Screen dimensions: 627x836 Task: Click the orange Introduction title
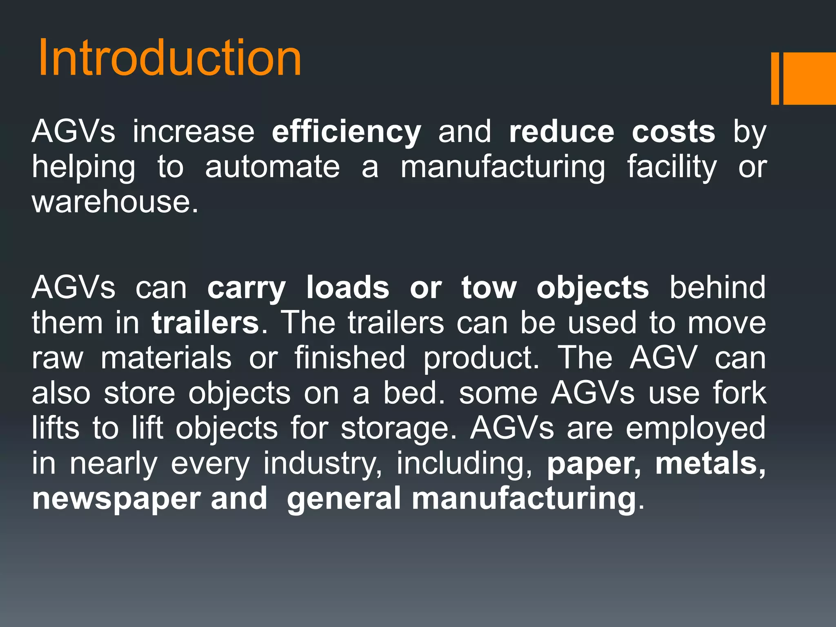169,58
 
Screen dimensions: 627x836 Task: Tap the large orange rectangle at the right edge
809,78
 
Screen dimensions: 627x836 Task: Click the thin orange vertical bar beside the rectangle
775,78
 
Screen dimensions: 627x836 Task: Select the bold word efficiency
346,132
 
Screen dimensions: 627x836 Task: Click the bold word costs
674,131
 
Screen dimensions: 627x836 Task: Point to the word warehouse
115,202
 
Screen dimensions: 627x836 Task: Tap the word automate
272,167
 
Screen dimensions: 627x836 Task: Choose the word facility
672,167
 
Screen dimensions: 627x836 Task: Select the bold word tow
489,288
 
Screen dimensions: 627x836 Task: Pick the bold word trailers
205,323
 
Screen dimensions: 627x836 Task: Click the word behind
717,287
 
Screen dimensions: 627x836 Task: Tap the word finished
350,358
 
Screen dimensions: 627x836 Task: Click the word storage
398,429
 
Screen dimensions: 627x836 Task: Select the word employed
696,429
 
